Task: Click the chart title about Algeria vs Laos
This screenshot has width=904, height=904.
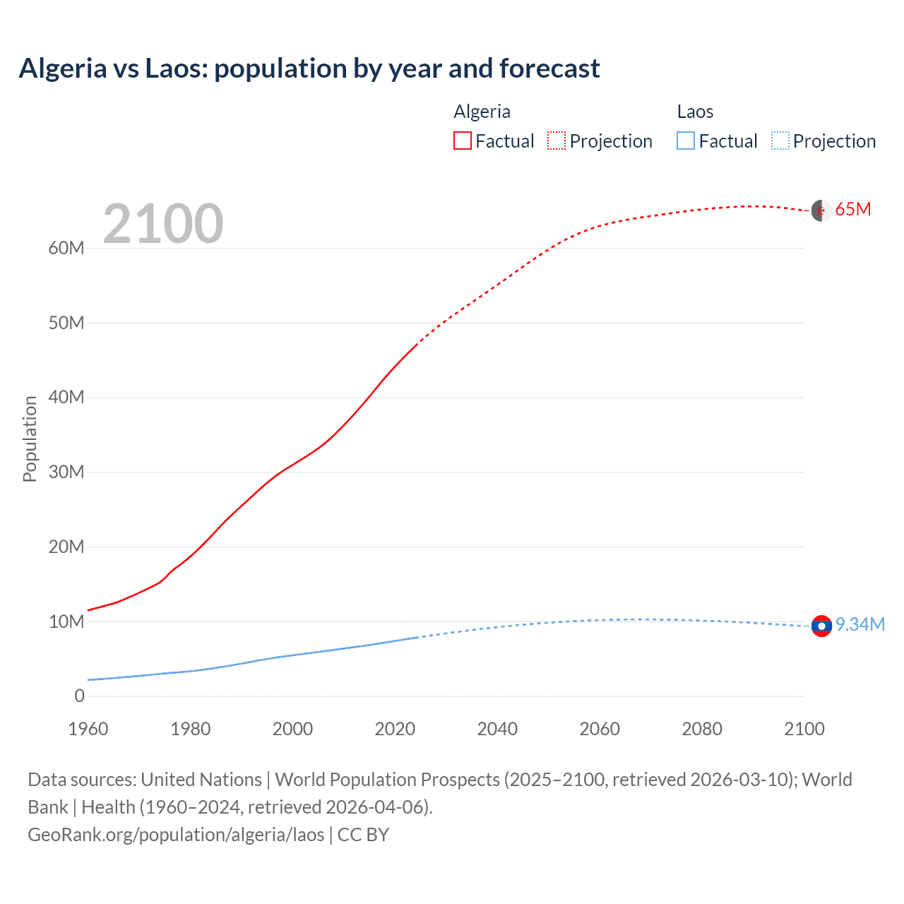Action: (x=309, y=69)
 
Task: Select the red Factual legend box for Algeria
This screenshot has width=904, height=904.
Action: (x=462, y=141)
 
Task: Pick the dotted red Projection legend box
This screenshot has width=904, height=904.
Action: (x=557, y=141)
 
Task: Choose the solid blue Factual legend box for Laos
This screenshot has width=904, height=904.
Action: (x=686, y=141)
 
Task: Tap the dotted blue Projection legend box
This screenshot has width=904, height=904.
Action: (x=780, y=141)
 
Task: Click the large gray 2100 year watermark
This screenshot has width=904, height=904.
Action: (x=163, y=224)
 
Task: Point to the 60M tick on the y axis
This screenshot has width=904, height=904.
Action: (x=66, y=248)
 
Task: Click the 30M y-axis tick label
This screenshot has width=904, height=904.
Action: (x=66, y=472)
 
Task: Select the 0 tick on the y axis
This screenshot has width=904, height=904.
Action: (x=79, y=696)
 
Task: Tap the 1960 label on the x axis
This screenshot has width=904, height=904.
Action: (x=88, y=729)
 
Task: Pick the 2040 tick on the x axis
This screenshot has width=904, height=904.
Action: (x=497, y=729)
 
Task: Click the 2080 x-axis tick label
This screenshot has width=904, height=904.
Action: (x=702, y=729)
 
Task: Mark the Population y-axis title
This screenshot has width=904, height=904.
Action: (x=30, y=439)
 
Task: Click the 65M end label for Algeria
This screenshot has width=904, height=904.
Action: (x=853, y=210)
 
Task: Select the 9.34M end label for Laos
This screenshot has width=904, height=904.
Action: (x=860, y=624)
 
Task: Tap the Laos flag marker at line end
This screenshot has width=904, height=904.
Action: (x=821, y=626)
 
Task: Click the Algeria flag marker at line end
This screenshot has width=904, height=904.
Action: (x=821, y=210)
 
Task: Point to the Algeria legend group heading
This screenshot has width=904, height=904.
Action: (x=482, y=112)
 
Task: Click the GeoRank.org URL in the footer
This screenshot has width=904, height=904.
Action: (x=176, y=834)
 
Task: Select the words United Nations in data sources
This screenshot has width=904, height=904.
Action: (x=201, y=779)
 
